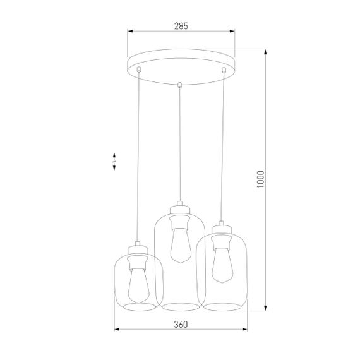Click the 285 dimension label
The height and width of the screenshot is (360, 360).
181,26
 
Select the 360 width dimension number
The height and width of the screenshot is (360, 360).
181,325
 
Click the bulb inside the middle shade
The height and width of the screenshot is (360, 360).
179,243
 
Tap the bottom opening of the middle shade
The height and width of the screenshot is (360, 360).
179,307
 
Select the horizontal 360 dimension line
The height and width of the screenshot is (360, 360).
181,330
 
